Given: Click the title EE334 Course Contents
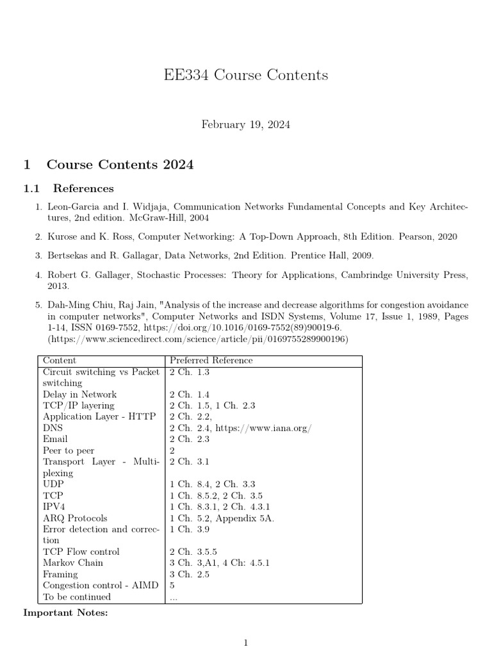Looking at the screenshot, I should (246, 75).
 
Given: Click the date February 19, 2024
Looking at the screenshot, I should (246, 124).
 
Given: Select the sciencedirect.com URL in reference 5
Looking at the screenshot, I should (198, 339).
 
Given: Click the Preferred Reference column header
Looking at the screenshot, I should (211, 361).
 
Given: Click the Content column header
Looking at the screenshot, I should (59, 361).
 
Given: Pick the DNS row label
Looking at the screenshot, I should (53, 428).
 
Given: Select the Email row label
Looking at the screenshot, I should (55, 439).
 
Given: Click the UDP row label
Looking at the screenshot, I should (53, 484).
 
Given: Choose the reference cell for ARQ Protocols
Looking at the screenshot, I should (222, 518).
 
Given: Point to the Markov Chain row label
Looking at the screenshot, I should (72, 563).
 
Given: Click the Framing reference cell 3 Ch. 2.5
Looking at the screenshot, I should (190, 575).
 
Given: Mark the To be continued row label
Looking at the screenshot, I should (76, 597).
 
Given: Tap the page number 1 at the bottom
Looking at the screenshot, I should (245, 643).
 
